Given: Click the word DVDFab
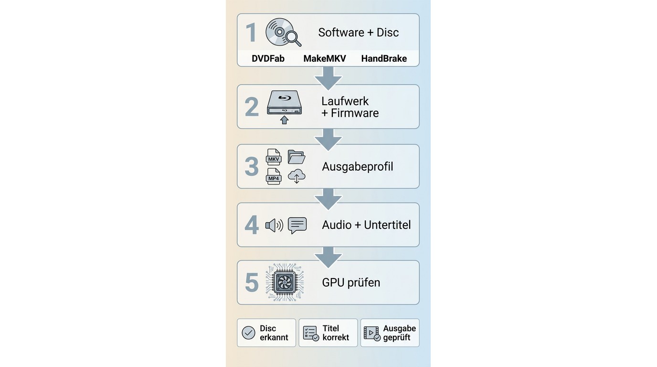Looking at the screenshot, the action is (268, 58).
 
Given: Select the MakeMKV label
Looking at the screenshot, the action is (325, 58).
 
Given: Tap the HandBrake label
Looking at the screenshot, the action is (384, 58).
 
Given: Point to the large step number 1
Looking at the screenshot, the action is (251, 32).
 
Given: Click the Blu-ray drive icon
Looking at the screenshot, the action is (284, 102).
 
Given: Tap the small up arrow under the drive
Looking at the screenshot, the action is (284, 120).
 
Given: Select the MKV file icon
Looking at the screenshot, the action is (274, 157).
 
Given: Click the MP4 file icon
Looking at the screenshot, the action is (274, 176).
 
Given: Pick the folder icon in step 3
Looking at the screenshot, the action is (296, 157).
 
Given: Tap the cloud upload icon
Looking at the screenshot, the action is (297, 176).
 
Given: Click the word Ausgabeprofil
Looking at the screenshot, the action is (358, 166).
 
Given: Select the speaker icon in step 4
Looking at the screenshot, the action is (274, 226).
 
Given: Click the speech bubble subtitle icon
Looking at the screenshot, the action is (297, 226).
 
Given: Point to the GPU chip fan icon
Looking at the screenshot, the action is (285, 282).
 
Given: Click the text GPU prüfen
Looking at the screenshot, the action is (351, 282).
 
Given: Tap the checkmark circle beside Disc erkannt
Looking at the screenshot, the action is (248, 333).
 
